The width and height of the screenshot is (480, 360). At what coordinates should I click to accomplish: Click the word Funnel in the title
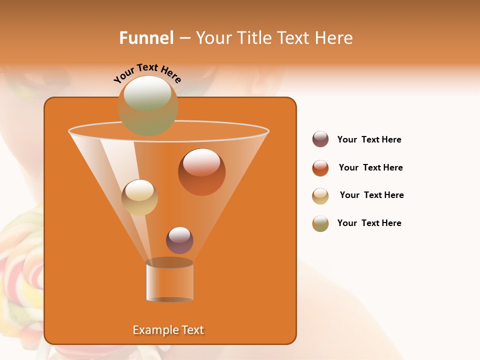(x=146, y=38)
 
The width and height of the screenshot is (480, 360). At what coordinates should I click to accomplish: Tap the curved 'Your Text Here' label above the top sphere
(x=147, y=73)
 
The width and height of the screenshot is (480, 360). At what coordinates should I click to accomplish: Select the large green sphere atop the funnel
(x=148, y=105)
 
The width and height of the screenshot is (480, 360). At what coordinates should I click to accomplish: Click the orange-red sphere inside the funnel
(x=201, y=172)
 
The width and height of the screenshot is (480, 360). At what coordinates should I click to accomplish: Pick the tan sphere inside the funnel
(x=139, y=197)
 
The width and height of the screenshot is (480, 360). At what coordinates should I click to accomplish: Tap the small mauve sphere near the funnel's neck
(x=179, y=240)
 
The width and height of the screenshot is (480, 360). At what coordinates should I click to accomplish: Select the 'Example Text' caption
(x=168, y=330)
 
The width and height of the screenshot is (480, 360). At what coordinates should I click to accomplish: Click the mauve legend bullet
(x=320, y=139)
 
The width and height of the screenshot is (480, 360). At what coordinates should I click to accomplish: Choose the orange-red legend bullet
(x=320, y=168)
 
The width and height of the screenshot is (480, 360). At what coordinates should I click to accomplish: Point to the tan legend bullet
(x=320, y=196)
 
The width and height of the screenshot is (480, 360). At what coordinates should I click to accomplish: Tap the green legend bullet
(x=320, y=223)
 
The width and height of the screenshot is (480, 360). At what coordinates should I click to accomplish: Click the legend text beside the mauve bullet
(x=369, y=139)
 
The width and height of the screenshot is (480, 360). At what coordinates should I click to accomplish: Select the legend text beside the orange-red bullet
(x=370, y=167)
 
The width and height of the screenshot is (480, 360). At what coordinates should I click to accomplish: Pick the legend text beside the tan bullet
(x=371, y=195)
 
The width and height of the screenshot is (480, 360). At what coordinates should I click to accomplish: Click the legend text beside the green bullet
(x=369, y=223)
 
